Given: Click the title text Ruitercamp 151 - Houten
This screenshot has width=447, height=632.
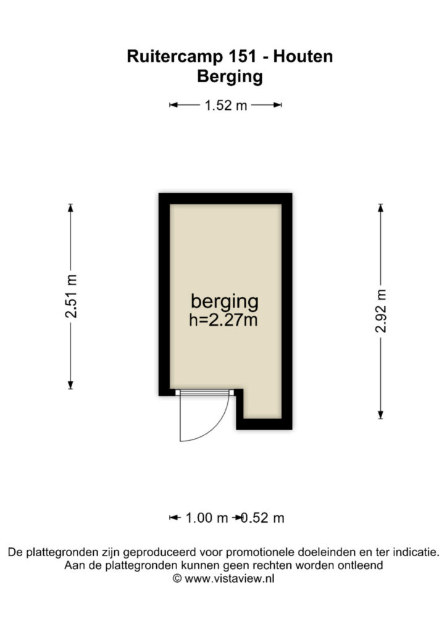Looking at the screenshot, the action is coord(230,56).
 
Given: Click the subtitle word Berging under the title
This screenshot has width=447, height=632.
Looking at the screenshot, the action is coord(230,77).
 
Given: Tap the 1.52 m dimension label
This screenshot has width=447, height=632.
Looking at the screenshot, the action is coord(226,106).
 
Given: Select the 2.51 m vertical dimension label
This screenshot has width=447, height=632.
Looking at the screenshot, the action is coord(71,296).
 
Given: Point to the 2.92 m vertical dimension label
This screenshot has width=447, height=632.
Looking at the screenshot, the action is coord(380,311).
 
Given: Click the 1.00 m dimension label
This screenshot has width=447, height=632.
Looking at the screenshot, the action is coord(207,518).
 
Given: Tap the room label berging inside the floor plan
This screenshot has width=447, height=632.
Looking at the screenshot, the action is coord(225,302).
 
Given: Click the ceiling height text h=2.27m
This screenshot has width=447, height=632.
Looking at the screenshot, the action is coord(223,320).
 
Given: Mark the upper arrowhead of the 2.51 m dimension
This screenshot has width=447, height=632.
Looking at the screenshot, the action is coord(70,207).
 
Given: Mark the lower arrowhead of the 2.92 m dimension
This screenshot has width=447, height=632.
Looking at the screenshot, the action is coord(380,415).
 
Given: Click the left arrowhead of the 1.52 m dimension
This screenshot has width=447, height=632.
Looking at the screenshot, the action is coord(173,105).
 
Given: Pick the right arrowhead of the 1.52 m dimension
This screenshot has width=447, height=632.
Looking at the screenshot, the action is coord(277,105).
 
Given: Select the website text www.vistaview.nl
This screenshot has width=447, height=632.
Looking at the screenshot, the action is coord(229,579).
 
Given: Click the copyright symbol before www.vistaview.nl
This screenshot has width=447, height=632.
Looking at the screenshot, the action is coord(177,579).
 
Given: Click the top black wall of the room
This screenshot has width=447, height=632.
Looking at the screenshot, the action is coord(225,199).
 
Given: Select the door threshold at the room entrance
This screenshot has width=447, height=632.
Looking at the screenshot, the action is coord(205,392).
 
